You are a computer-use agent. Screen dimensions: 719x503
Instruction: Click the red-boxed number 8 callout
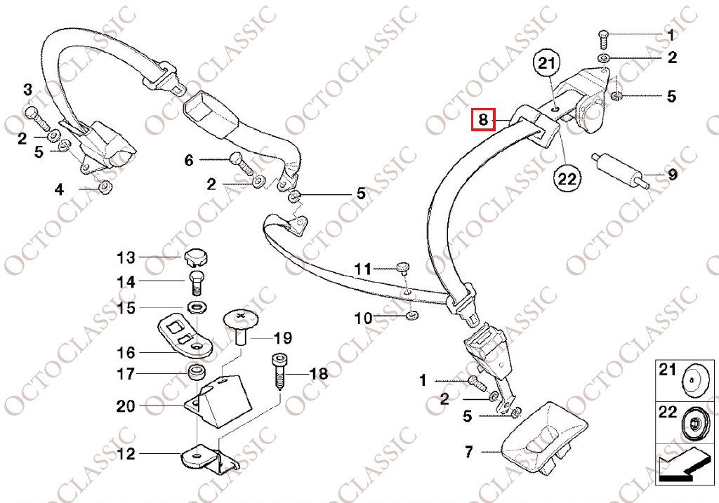tap(483, 119)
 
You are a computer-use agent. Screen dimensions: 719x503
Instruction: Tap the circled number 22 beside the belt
tap(567, 177)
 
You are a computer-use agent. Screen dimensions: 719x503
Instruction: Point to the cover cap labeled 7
tap(543, 431)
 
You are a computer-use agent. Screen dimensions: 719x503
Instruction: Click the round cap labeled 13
tap(196, 257)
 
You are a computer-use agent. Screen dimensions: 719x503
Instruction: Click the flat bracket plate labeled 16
tap(186, 337)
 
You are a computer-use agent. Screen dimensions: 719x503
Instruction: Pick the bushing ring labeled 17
tap(197, 373)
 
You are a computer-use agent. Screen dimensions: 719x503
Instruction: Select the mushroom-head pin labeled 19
tap(242, 326)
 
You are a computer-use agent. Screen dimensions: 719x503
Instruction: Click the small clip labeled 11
tap(402, 267)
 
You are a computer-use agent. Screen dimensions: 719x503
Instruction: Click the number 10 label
tap(364, 317)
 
